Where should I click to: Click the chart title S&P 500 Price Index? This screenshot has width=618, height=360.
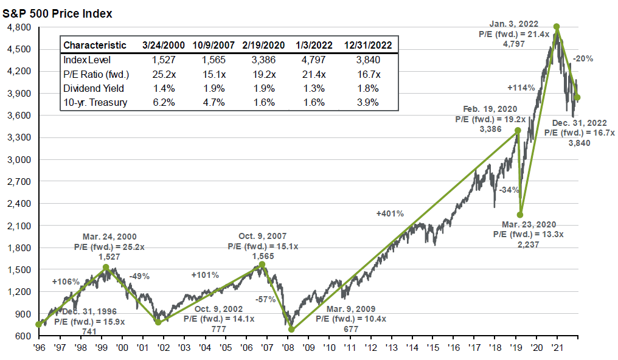coord(57,14)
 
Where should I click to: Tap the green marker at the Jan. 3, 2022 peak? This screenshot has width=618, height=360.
coord(557,27)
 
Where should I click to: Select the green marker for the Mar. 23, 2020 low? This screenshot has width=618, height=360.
coord(520,215)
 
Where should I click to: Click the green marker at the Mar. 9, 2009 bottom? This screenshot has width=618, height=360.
coord(291,329)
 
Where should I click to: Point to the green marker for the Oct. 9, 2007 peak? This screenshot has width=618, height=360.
coord(262,265)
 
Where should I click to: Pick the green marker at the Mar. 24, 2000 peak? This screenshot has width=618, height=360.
coord(106,267)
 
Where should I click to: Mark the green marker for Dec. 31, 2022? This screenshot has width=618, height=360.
coord(577,97)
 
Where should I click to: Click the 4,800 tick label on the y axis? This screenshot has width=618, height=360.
coord(19,27)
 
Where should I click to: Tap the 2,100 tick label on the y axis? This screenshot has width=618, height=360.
coord(19,226)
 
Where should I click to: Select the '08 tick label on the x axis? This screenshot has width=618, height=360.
coord(288,347)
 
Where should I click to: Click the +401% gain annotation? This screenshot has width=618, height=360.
coord(390,213)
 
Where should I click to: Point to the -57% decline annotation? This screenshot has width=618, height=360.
coord(265,299)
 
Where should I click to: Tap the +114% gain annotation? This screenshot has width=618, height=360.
coord(521,88)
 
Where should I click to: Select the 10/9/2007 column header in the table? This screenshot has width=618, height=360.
coord(214,45)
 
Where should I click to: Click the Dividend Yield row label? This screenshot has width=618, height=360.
coord(94,88)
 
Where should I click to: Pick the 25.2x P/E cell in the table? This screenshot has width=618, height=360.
coord(164,74)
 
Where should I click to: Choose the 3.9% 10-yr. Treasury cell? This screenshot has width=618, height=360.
coord(368,102)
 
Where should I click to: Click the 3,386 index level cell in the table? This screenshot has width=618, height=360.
coord(263,60)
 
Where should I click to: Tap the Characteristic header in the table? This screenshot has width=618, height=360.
coord(95,45)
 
